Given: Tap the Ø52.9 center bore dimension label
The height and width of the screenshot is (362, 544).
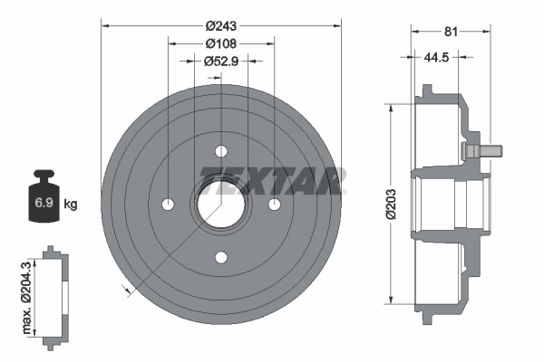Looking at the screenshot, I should (x=220, y=62).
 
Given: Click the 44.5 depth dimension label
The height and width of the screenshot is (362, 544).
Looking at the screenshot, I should (x=437, y=56).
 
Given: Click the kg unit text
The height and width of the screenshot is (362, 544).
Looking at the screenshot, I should (x=71, y=205).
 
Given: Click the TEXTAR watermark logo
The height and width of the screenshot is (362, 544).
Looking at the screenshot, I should (x=272, y=178).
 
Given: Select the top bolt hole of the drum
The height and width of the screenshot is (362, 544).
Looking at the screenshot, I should (x=221, y=151).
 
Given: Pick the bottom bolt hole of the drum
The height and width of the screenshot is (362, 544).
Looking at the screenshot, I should (x=221, y=257).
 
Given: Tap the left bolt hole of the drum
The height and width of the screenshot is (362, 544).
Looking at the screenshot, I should (x=168, y=204).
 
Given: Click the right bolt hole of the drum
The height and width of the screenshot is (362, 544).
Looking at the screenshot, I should (x=274, y=204).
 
